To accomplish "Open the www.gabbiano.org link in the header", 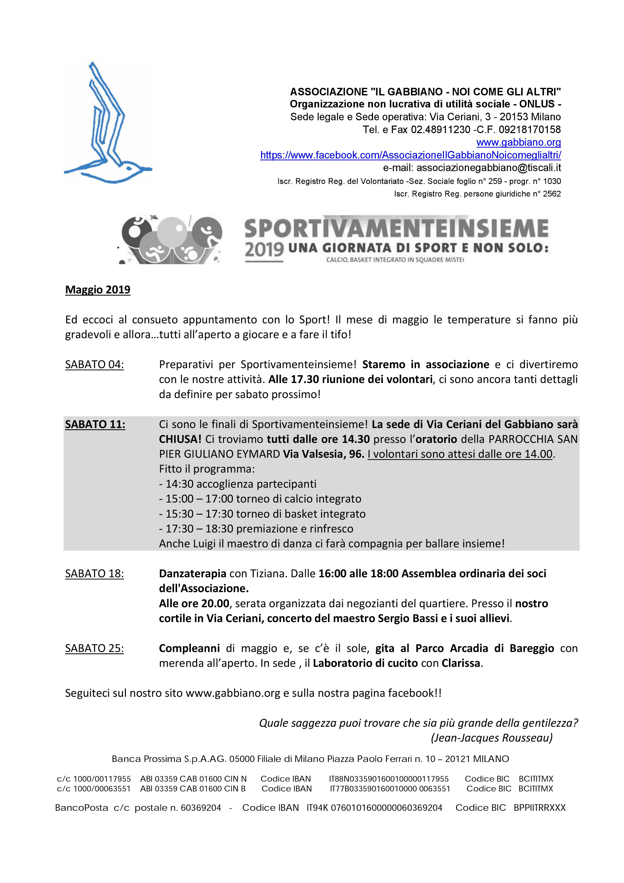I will click(x=518, y=142).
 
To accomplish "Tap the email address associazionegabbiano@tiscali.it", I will click(x=488, y=168).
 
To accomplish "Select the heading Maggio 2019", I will click(x=98, y=290).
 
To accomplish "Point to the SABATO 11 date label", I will click(x=95, y=424).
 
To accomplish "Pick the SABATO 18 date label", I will click(x=94, y=573).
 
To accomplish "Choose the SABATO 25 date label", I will click(x=94, y=648).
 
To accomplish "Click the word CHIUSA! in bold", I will click(x=180, y=439).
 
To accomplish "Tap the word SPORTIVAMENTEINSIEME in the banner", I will click(x=396, y=229).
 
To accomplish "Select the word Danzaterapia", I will click(x=192, y=573).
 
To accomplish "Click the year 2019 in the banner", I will click(x=264, y=249).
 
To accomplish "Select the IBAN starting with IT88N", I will click(x=388, y=779).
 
